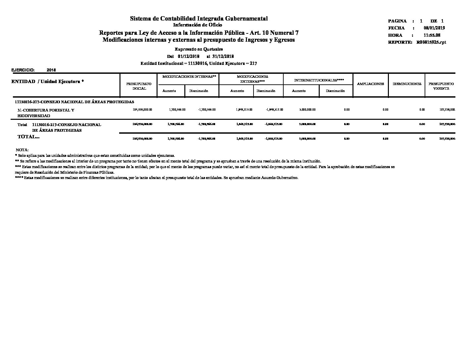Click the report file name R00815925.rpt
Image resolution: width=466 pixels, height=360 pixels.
coord(431,42)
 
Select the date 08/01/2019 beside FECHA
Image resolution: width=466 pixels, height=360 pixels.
coord(434,28)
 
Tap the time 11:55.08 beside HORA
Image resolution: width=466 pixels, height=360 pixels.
coord(432,35)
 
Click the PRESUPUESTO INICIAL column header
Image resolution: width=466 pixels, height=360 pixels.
coord(139,86)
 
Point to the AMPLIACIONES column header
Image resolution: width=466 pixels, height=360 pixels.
coord(370,84)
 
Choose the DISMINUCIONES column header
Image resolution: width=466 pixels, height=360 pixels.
coord(407,84)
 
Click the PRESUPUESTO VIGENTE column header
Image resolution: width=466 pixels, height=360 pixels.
coord(441,86)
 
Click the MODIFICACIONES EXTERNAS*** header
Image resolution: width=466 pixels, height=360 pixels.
coord(252,79)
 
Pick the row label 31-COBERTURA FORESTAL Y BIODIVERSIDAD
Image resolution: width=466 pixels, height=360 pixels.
coord(46,113)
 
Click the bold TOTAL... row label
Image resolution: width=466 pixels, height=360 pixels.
coord(28,137)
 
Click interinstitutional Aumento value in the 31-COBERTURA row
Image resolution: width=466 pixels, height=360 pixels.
coord(308,110)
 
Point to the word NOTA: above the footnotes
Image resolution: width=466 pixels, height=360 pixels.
coord(22,150)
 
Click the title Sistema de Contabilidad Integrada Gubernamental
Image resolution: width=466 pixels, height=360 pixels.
coord(199,19)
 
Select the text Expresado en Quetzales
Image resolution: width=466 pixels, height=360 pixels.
coord(199,49)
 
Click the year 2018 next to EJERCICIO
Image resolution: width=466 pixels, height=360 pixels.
coord(51,70)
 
